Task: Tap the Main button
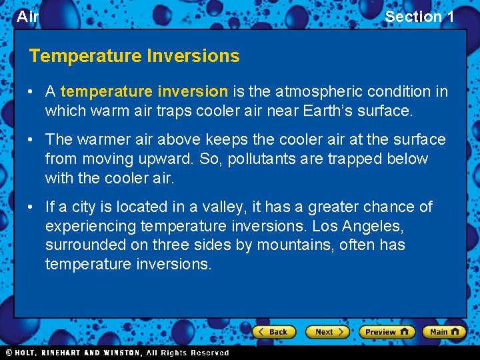point(445,332)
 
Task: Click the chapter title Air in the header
point(27,17)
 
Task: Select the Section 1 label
point(419,17)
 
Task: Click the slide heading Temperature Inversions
point(134,56)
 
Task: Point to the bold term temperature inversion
point(144,91)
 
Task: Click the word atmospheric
point(304,91)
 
